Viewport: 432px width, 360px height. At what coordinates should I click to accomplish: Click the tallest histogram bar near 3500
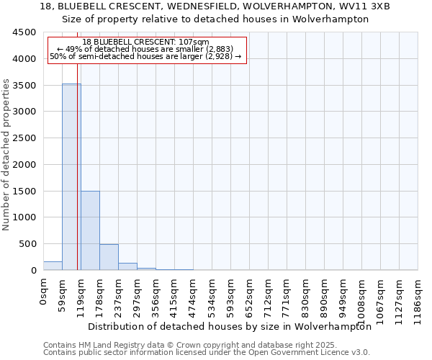coord(71,176)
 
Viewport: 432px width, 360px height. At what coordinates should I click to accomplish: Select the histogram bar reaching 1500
coord(90,230)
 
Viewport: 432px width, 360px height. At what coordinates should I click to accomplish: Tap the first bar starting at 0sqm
coord(53,266)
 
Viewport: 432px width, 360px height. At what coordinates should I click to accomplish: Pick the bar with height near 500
coord(109,257)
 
